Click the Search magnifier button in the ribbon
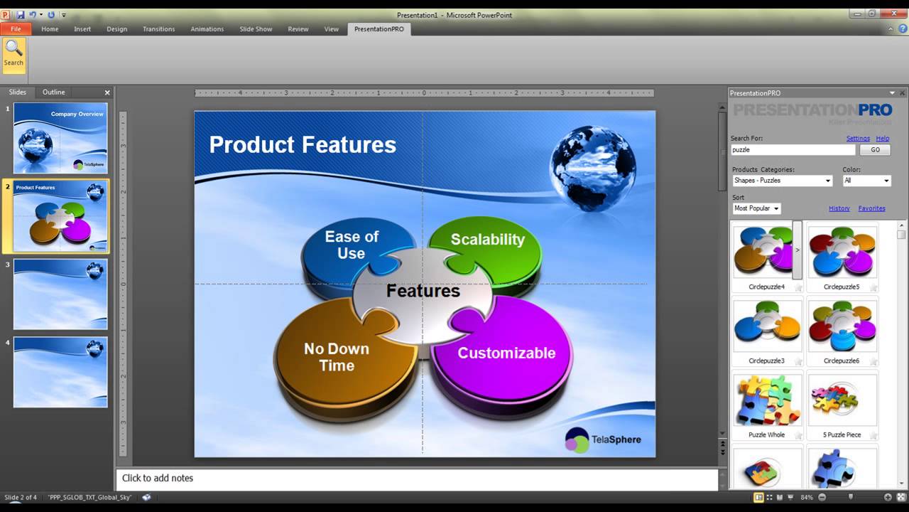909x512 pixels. click(x=13, y=54)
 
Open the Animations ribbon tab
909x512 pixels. click(x=207, y=29)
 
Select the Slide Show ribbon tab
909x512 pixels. click(x=256, y=29)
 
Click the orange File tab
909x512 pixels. click(x=16, y=29)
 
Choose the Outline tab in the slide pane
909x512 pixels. click(x=53, y=92)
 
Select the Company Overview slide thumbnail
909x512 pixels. click(x=60, y=138)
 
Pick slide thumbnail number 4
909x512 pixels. click(x=60, y=372)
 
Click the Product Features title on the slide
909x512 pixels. click(x=303, y=145)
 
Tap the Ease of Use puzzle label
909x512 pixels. click(x=351, y=245)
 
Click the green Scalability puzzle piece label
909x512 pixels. click(x=487, y=240)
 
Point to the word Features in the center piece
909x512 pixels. click(x=423, y=291)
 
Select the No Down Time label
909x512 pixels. click(x=337, y=357)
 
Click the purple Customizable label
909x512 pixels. click(x=506, y=353)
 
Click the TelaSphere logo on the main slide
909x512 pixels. click(x=603, y=439)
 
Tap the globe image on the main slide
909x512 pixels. click(x=592, y=169)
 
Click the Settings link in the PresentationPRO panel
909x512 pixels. click(x=858, y=139)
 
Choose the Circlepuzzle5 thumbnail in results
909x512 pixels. click(x=842, y=252)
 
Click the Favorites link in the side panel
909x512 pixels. click(x=871, y=208)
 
